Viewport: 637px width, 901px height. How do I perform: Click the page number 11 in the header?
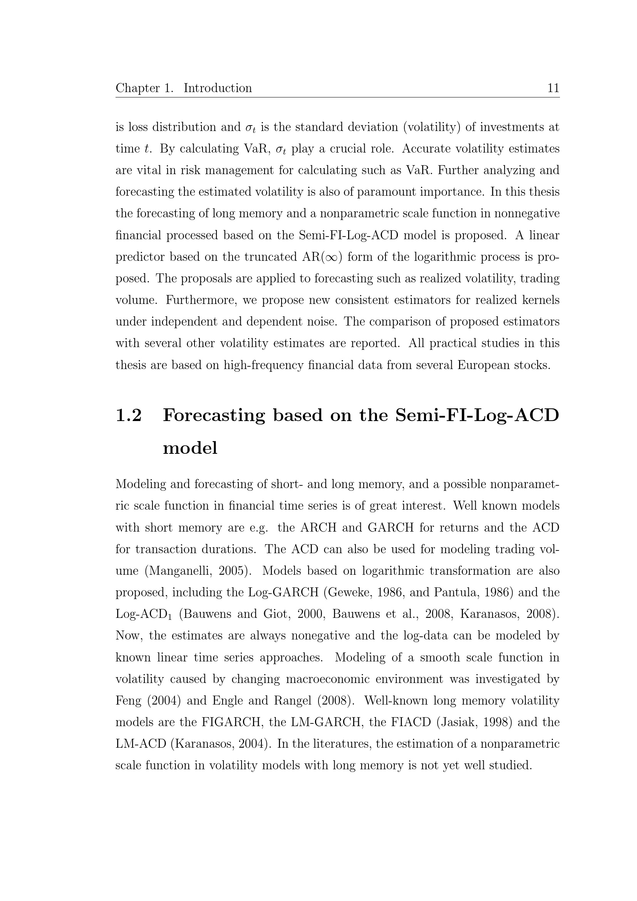pyautogui.click(x=553, y=88)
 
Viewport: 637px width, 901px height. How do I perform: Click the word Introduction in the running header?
pyautogui.click(x=218, y=88)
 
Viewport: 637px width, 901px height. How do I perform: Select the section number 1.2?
pyautogui.click(x=129, y=415)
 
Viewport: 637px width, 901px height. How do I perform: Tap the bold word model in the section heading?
pyautogui.click(x=190, y=448)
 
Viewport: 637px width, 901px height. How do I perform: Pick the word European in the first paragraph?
pyautogui.click(x=486, y=365)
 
